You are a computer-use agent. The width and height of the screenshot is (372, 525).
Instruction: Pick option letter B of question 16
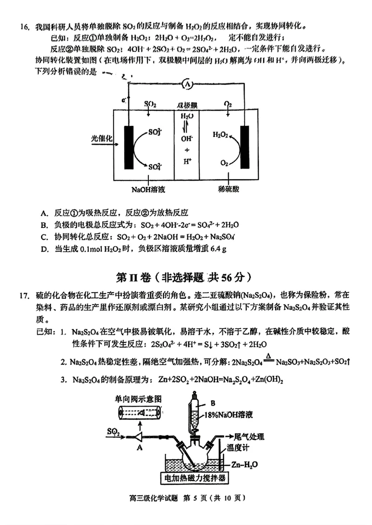(x=45, y=224)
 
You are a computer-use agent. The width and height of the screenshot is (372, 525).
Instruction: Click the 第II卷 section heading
(x=185, y=277)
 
